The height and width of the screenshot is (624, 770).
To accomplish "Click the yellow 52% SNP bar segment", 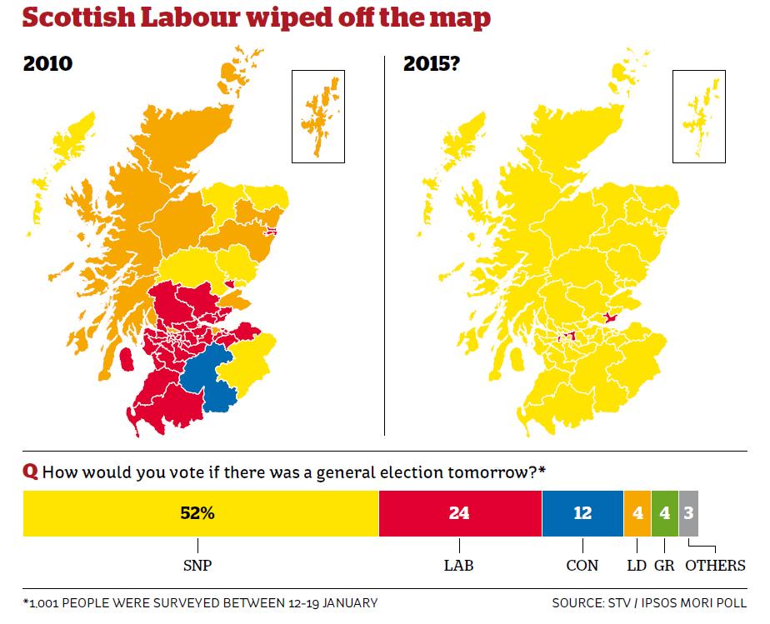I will click(200, 513).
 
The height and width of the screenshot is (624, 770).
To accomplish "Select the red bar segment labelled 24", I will click(459, 513).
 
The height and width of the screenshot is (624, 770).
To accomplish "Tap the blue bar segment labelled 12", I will click(582, 513).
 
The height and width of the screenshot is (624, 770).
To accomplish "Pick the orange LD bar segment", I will click(637, 513).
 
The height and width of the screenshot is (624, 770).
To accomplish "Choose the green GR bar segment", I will click(664, 513).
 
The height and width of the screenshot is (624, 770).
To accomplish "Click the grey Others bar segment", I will click(688, 513).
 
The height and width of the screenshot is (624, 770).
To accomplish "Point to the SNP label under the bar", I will click(197, 566).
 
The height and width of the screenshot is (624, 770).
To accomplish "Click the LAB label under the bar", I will click(460, 566).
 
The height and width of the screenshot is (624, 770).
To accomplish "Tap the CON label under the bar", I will click(582, 566).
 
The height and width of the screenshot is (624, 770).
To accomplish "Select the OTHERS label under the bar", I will click(715, 566).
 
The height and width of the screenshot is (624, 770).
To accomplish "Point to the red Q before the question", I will click(30, 472).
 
